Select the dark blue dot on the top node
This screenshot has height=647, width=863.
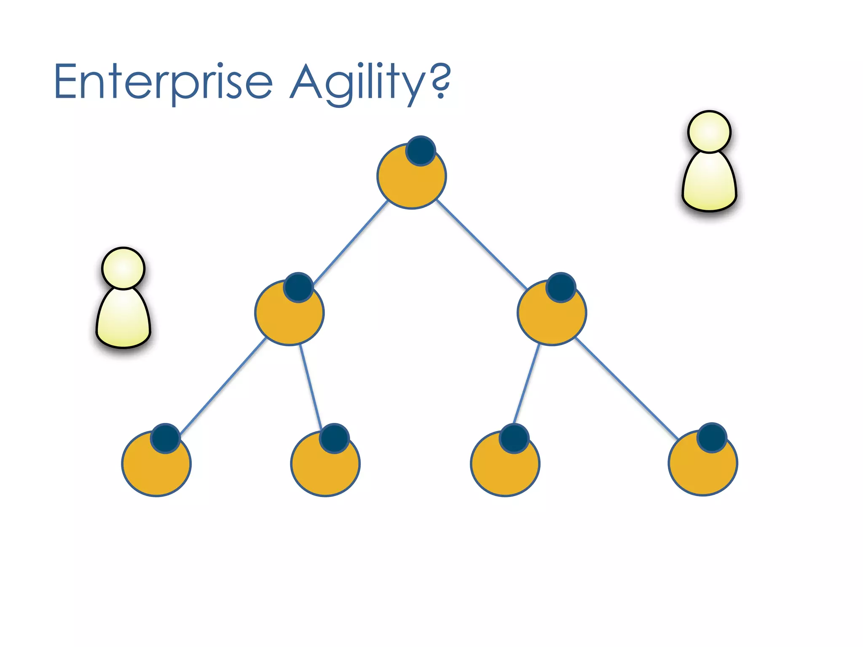[x=421, y=150]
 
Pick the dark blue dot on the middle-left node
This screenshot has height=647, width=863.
[x=298, y=287]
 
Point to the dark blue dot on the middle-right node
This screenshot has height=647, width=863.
[x=561, y=287]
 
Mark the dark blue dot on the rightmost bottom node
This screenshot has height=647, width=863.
[x=712, y=438]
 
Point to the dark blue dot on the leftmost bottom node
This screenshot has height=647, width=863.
[x=166, y=438]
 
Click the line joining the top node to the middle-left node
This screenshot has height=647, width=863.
[x=351, y=242]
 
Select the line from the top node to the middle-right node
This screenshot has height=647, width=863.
[x=482, y=244]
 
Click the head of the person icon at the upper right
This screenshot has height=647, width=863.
[x=709, y=131]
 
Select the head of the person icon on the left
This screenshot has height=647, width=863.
[x=123, y=268]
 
